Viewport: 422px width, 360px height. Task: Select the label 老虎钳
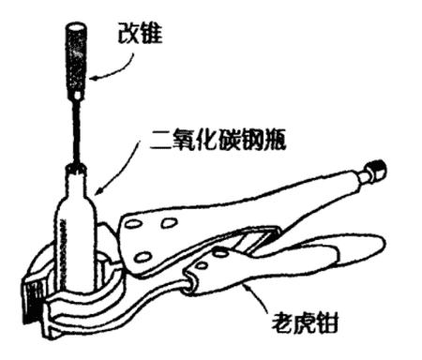(x=305, y=322)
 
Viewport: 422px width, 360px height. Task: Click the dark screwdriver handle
(x=76, y=56)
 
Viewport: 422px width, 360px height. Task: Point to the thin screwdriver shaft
(x=77, y=132)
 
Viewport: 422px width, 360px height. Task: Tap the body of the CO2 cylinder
(x=76, y=246)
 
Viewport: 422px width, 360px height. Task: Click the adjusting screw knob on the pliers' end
(x=376, y=170)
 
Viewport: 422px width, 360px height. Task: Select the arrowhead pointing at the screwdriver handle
(x=95, y=78)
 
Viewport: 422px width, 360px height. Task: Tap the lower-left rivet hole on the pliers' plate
(x=143, y=257)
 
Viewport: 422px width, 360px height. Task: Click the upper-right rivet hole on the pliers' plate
(x=169, y=223)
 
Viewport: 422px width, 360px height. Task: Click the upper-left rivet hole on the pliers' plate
(x=134, y=224)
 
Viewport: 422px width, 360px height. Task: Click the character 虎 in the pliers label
(x=304, y=322)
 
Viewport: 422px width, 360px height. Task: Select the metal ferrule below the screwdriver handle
(x=77, y=96)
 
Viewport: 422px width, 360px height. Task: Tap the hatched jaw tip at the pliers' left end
(x=32, y=301)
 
